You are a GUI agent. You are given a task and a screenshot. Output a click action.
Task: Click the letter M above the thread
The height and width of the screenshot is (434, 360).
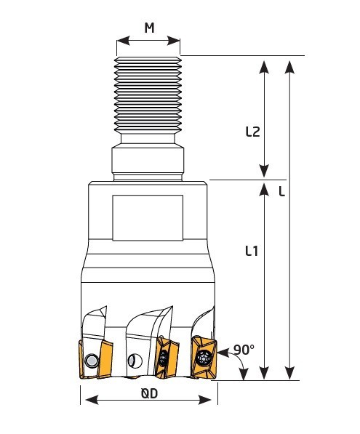[x=149, y=28]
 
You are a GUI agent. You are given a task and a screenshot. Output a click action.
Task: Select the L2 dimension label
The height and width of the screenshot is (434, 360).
[x=253, y=132]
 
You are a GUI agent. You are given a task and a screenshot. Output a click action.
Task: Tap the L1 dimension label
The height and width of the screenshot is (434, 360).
[x=252, y=251]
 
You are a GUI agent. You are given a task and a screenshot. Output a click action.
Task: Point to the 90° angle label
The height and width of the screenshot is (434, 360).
[x=244, y=350]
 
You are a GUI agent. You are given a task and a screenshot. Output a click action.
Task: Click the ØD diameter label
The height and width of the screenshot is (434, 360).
[x=149, y=393]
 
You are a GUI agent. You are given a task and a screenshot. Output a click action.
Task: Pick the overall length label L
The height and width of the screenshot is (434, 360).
[x=281, y=191]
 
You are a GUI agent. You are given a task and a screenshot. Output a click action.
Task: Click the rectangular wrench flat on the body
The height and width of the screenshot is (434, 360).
[x=148, y=217]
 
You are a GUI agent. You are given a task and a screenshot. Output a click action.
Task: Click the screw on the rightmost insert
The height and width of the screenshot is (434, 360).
[x=203, y=358]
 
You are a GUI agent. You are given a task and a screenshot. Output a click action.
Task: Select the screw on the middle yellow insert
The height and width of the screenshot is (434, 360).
[x=164, y=358]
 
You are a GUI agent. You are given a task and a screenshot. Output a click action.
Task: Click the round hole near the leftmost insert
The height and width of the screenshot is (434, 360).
[x=91, y=361]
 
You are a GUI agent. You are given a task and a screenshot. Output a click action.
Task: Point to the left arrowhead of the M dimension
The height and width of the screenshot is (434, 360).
[x=123, y=41]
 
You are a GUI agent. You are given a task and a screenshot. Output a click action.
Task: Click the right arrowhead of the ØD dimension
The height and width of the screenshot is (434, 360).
[x=205, y=400]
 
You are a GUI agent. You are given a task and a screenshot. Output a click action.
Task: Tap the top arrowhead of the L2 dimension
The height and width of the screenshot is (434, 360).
[x=264, y=68]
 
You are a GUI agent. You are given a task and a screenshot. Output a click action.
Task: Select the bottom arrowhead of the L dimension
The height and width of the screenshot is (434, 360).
[x=289, y=373]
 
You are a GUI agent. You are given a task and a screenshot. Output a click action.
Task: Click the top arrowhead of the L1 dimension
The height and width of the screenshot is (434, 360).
[x=264, y=189]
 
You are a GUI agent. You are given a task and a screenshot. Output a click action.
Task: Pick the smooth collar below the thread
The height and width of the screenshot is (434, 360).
[x=148, y=161]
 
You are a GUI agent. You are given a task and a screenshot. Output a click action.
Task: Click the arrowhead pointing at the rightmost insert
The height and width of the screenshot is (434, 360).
[x=223, y=353]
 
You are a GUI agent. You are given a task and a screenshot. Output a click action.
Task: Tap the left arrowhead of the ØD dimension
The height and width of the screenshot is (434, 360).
[x=92, y=400]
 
